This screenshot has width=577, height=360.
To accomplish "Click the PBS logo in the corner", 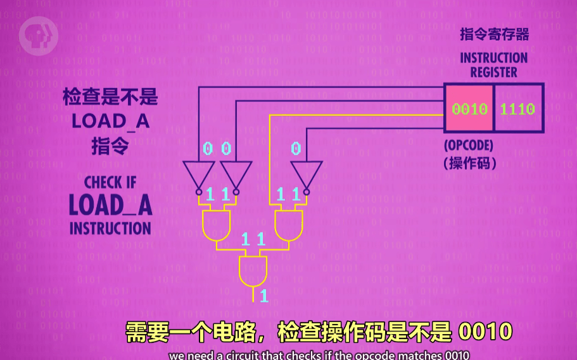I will coord(34,36).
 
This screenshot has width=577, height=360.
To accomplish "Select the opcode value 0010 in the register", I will coord(469,108).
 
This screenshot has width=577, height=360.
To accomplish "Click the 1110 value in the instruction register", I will coord(517,108).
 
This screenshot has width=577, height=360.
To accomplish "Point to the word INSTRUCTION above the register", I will coord(493,58).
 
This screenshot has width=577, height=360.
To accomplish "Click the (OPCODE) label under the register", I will coord(468,145).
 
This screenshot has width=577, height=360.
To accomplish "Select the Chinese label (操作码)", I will coord(469,162).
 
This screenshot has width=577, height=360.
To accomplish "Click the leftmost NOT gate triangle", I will coord(199,174).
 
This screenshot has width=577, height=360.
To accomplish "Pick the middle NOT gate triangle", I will coord(236,174).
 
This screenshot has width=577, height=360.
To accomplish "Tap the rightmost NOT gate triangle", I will coord(306,174).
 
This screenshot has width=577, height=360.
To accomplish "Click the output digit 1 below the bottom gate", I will coord(263,295).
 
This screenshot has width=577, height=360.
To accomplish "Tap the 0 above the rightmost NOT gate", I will coord(296,149).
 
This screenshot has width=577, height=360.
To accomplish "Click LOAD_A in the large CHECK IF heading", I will coord(110,205).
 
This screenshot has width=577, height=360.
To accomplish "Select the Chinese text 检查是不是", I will coord(110,98).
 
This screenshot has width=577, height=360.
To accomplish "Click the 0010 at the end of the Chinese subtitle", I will coord(485,331).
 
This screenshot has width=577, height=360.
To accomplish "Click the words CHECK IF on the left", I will coord(110,183).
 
